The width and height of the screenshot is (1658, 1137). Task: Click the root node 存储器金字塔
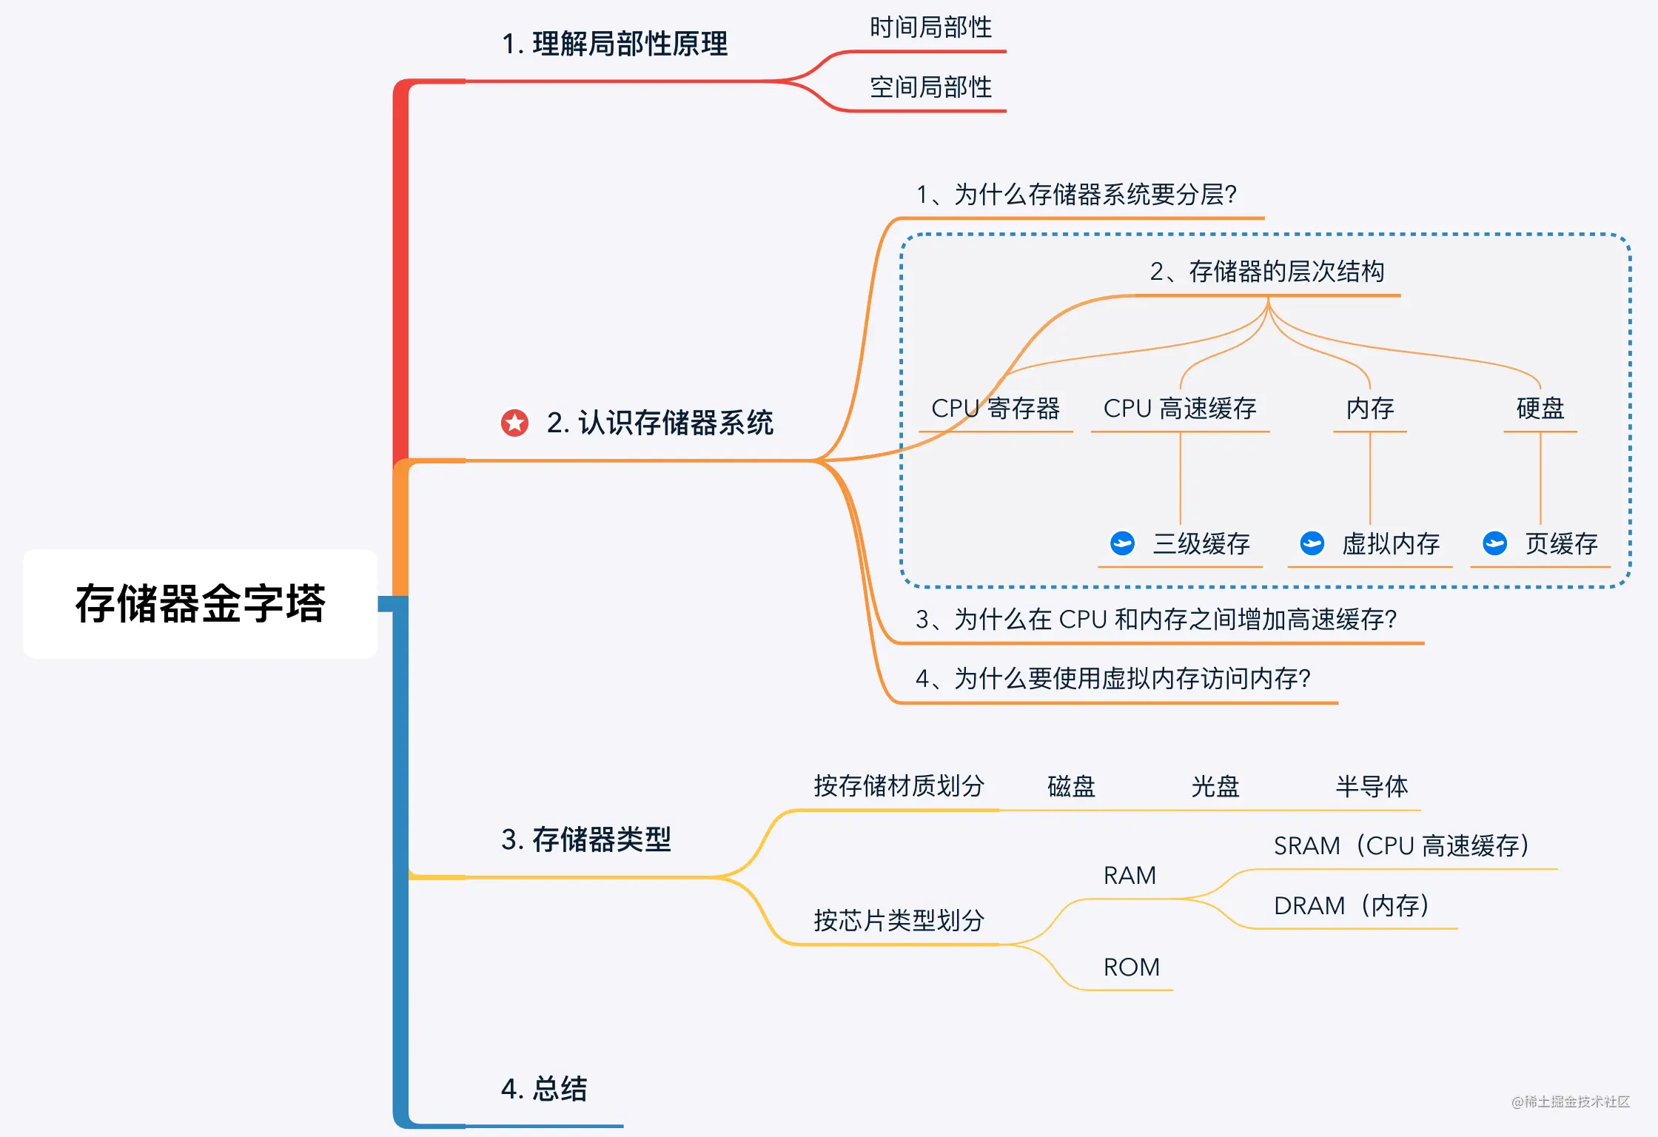click(200, 603)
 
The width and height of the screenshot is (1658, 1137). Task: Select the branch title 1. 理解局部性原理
click(614, 44)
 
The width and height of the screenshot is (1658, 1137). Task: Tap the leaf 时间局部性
click(930, 28)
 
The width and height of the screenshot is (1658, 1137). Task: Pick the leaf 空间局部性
click(930, 87)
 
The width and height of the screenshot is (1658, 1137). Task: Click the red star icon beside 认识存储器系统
click(514, 423)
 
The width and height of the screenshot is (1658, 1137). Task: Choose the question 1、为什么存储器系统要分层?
click(1076, 195)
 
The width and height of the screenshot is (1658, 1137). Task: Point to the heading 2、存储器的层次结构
click(1266, 272)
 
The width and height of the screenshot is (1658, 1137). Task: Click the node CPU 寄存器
click(995, 409)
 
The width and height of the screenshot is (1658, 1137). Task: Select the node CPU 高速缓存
click(1180, 409)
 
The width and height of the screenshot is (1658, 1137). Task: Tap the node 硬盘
click(1540, 409)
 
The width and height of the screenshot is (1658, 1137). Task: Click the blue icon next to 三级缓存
click(1122, 543)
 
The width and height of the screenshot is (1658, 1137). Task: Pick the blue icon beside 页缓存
click(1494, 543)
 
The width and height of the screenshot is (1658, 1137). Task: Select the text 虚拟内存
click(1390, 544)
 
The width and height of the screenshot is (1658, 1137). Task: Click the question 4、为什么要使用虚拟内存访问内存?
click(1112, 679)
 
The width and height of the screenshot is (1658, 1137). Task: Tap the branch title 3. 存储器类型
click(585, 839)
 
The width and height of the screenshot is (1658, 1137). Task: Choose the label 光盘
click(1215, 786)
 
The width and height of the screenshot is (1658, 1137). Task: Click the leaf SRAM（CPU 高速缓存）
click(1400, 846)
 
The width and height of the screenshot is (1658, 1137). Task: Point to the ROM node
click(1131, 967)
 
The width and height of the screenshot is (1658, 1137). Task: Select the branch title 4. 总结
click(544, 1089)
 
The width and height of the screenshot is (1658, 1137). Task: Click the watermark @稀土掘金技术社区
click(1570, 1102)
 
